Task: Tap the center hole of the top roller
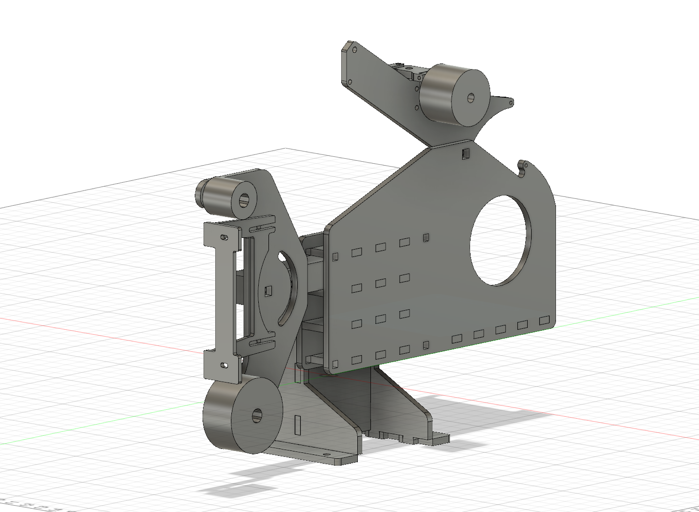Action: [471, 98]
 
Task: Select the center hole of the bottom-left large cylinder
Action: [257, 416]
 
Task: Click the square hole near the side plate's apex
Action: [465, 154]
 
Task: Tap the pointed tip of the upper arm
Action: [511, 103]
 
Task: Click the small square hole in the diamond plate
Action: [268, 291]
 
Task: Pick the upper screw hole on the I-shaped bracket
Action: [224, 237]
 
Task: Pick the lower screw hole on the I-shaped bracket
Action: [224, 364]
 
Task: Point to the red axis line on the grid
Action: [98, 332]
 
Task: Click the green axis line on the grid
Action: [98, 425]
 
